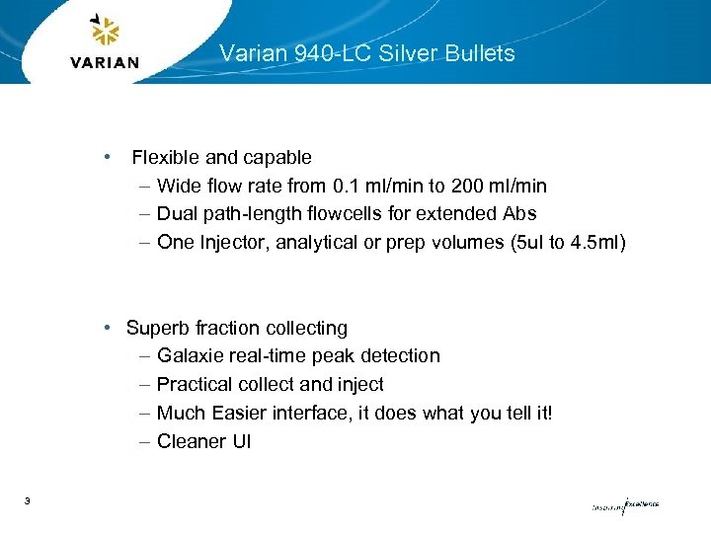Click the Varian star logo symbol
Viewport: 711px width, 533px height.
(104, 31)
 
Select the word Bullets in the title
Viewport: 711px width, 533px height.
(481, 53)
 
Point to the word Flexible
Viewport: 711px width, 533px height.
(166, 157)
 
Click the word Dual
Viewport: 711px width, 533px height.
(178, 213)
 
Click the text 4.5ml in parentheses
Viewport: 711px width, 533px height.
(596, 242)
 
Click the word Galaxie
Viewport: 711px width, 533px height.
(191, 355)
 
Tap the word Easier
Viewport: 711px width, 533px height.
(237, 413)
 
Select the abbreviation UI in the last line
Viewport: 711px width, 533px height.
(241, 441)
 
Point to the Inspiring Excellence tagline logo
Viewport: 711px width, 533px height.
(624, 504)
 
